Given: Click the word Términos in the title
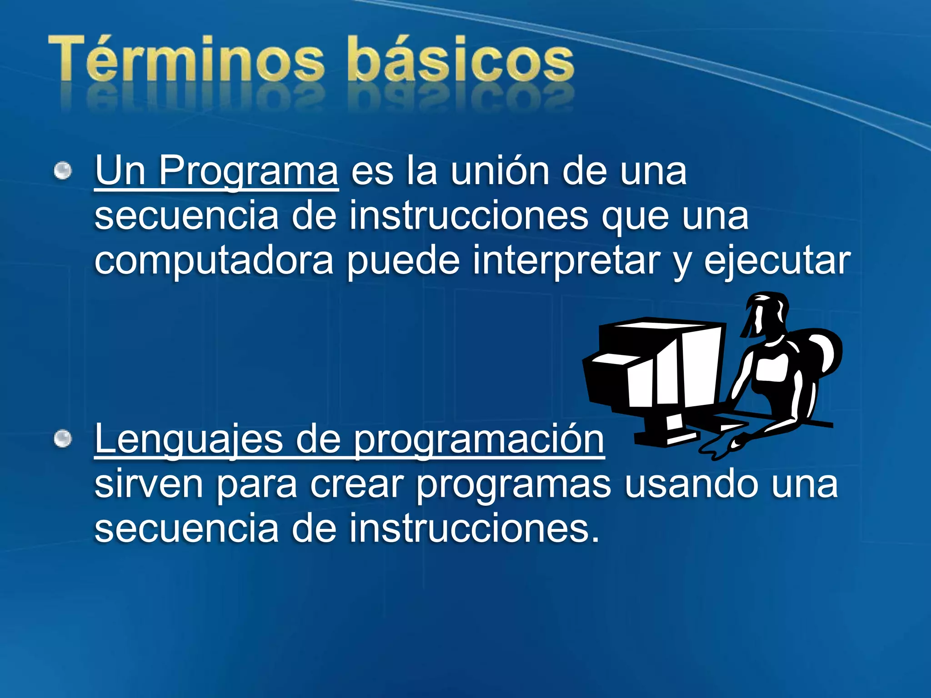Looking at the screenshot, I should pyautogui.click(x=186, y=59).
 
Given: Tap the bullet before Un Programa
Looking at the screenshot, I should pyautogui.click(x=63, y=171).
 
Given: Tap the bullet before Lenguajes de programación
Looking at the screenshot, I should pyautogui.click(x=63, y=439).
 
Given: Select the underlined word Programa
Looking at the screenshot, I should pyautogui.click(x=248, y=171).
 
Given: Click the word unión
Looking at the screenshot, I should pyautogui.click(x=500, y=171).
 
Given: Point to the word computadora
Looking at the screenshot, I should pyautogui.click(x=214, y=260).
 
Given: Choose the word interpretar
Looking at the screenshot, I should pyautogui.click(x=566, y=260).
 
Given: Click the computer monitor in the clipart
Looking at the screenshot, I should pyautogui.click(x=655, y=368).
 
